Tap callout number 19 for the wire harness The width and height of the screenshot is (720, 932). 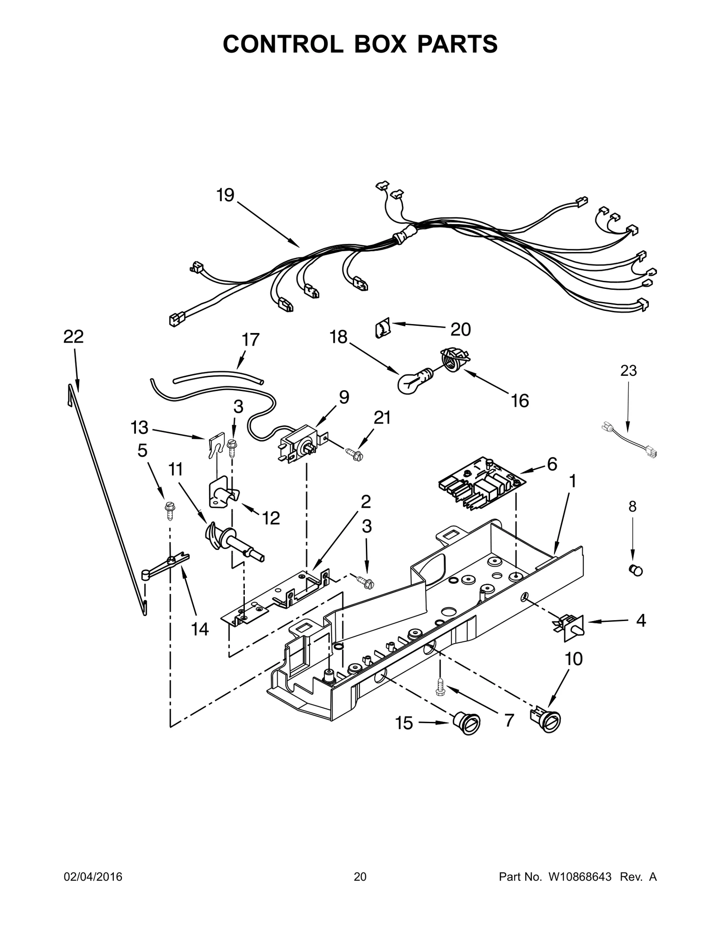pyautogui.click(x=225, y=195)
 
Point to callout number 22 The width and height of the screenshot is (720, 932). pyautogui.click(x=73, y=337)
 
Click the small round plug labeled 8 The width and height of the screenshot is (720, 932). pyautogui.click(x=635, y=570)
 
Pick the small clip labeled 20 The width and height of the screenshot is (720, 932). pyautogui.click(x=381, y=330)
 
